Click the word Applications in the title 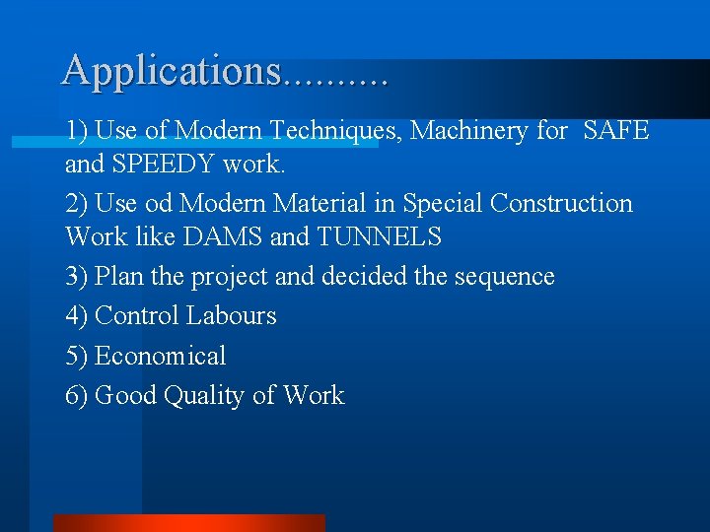tap(171, 71)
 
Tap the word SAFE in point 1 tap(616, 130)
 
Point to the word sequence tap(504, 277)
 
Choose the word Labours tap(232, 316)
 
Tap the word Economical tap(160, 356)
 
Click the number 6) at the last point tap(77, 396)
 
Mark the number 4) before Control tap(77, 316)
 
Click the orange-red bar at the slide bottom tap(188, 523)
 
